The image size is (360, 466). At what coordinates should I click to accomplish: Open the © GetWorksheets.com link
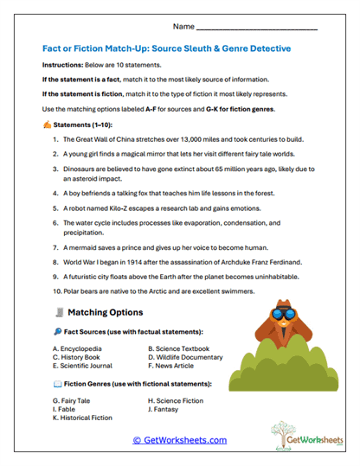(179, 440)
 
